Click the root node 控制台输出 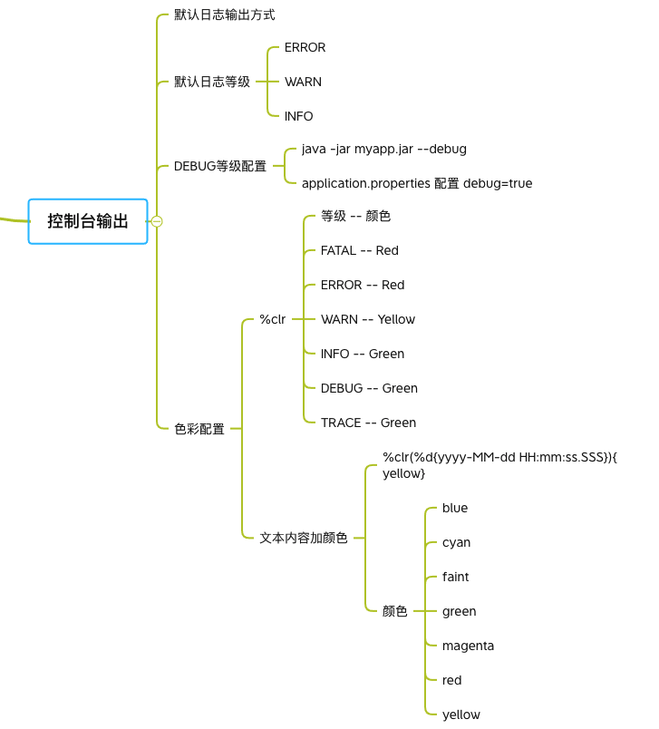(x=88, y=221)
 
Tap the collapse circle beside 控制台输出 (x=157, y=221)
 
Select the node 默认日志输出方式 (x=225, y=15)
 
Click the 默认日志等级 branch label (x=212, y=82)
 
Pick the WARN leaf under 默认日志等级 (x=303, y=82)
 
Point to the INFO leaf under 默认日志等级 (x=298, y=116)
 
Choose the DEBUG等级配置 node (x=220, y=166)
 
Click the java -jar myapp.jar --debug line (x=383, y=149)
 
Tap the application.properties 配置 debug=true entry (x=417, y=183)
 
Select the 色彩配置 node (x=199, y=429)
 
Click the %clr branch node (x=272, y=319)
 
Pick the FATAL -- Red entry (x=359, y=250)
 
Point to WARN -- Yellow (x=368, y=319)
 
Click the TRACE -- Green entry (x=368, y=423)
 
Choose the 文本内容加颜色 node (x=304, y=538)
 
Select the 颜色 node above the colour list (x=394, y=611)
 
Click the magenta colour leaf (x=468, y=646)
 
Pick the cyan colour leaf (x=456, y=542)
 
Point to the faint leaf (x=455, y=577)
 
